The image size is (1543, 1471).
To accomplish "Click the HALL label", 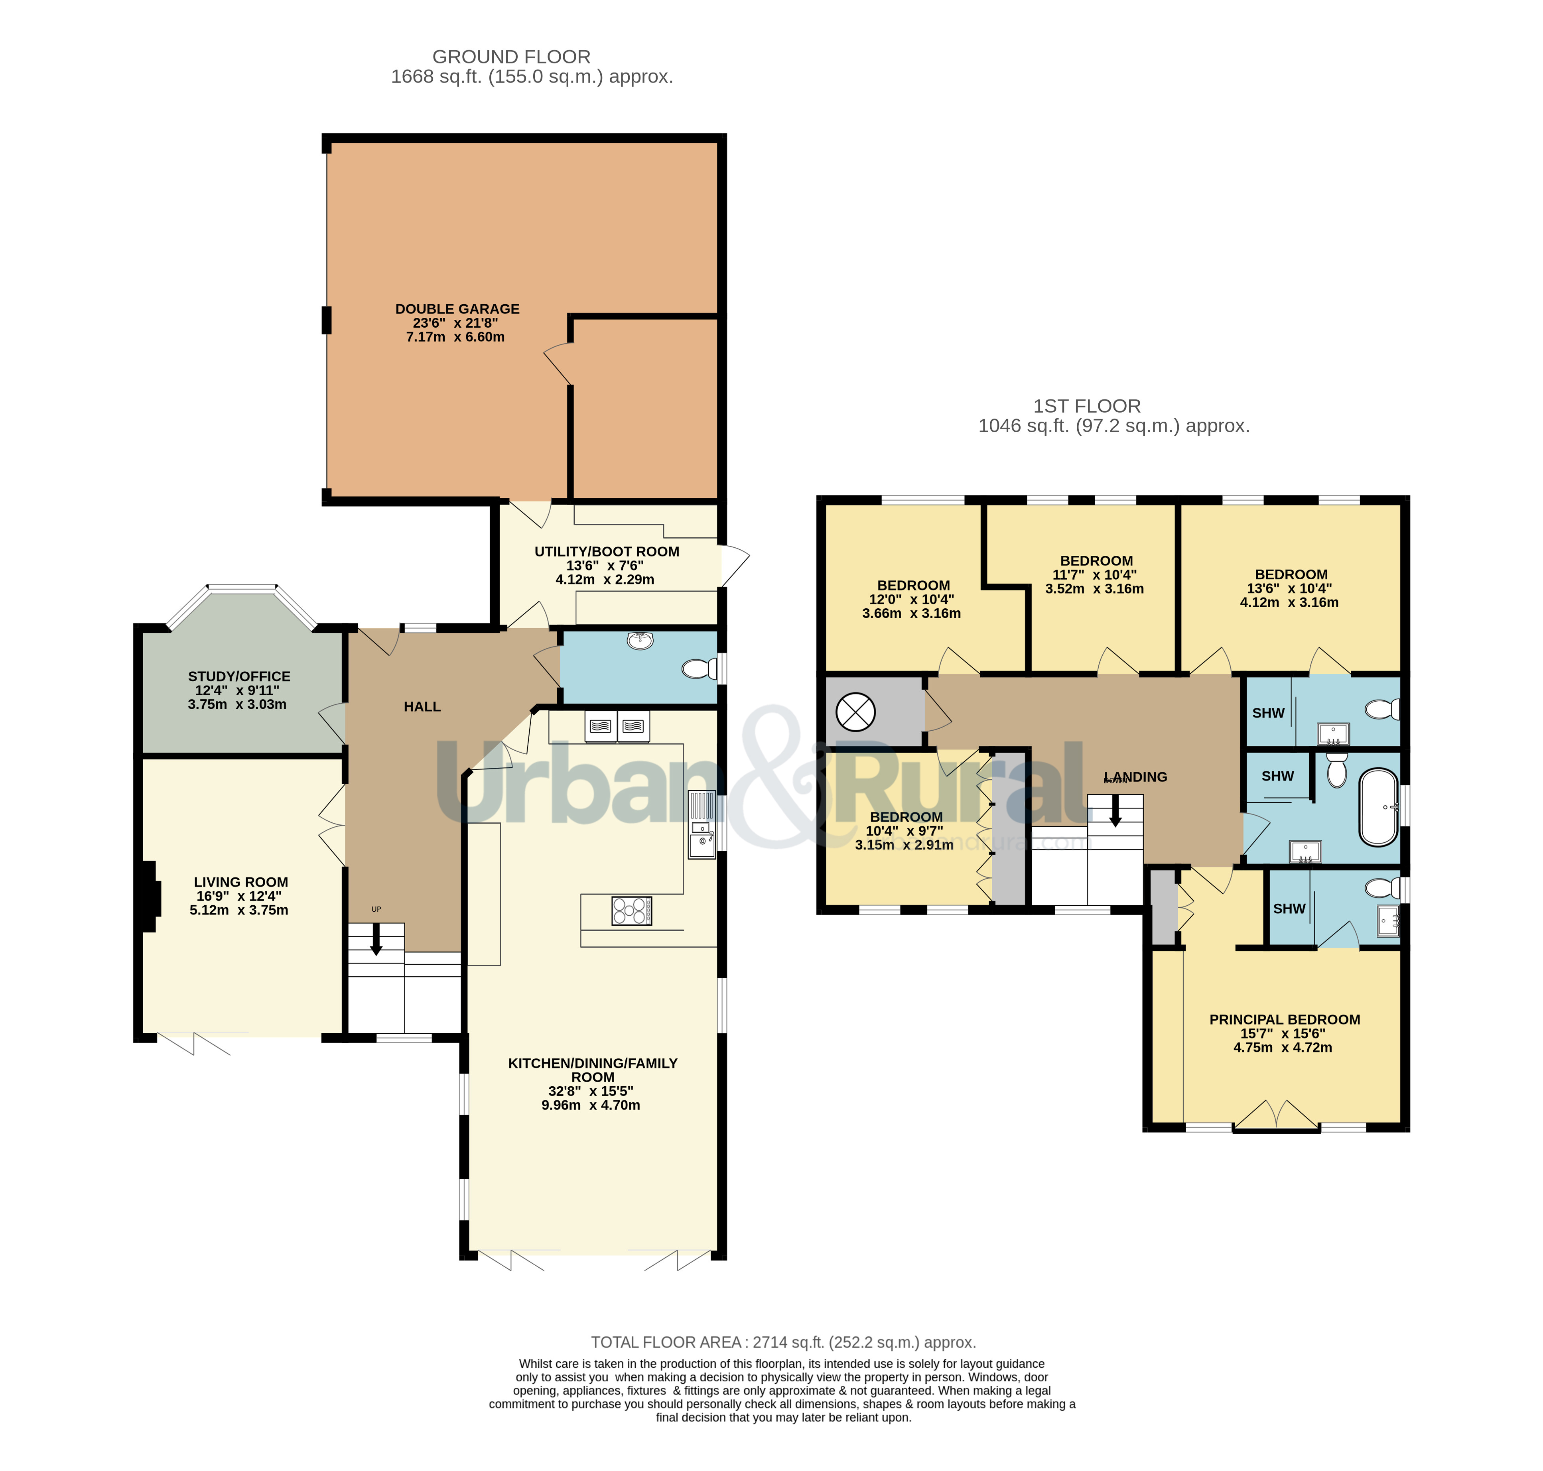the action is click(x=422, y=706).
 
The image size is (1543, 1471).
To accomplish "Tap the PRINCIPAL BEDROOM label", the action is click(x=1284, y=1019).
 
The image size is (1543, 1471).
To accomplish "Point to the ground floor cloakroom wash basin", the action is click(x=640, y=641).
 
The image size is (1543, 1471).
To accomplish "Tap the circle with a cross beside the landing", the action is click(x=855, y=712).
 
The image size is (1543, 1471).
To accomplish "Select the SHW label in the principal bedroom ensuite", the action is click(x=1289, y=909).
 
